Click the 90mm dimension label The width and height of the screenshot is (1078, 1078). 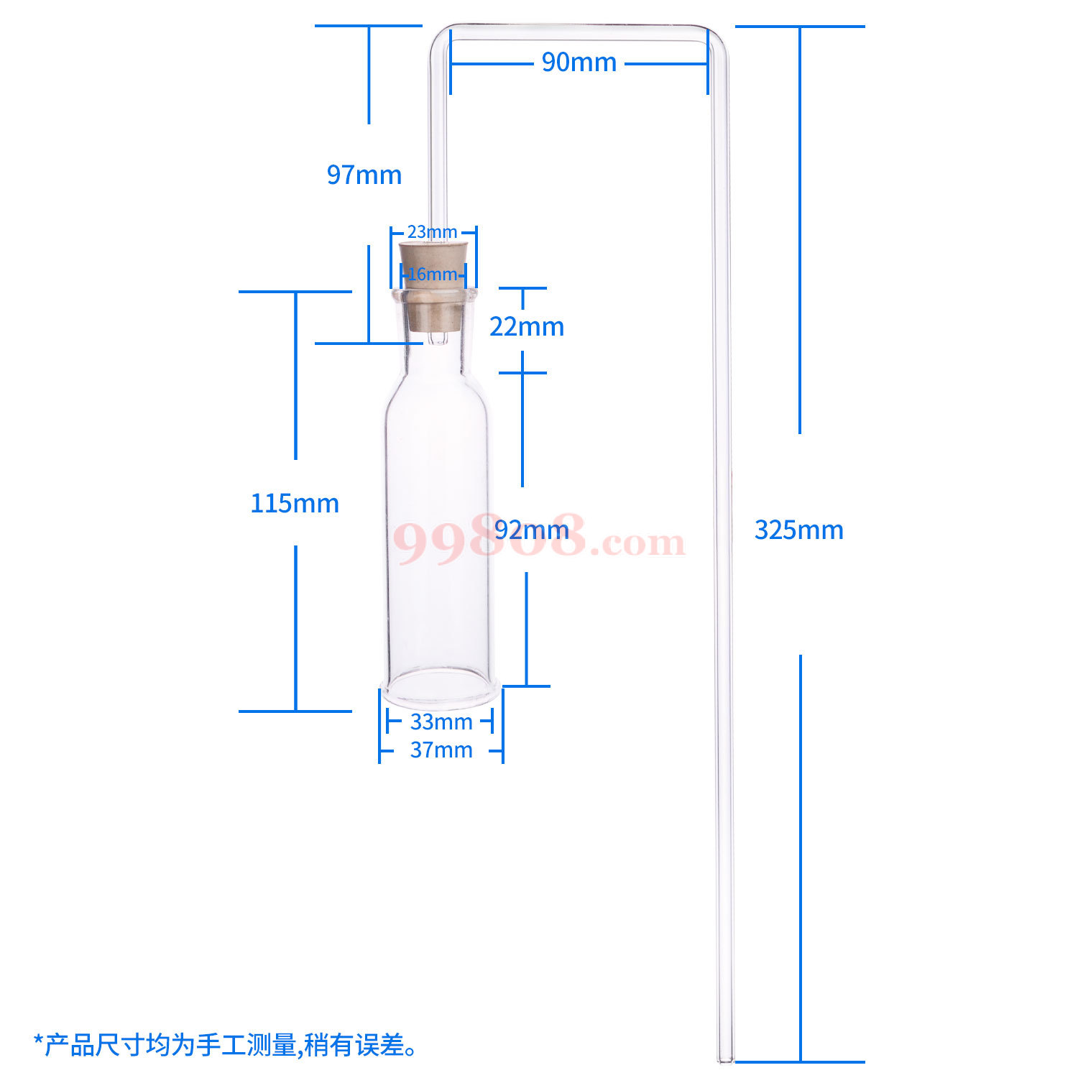579,63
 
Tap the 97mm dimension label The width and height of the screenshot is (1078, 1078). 364,175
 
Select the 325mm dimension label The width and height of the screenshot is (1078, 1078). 798,530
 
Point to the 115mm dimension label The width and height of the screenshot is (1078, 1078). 295,503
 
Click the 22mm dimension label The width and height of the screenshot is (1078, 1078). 527,327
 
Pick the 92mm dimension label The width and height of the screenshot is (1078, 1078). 532,530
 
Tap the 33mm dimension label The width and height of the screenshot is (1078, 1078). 441,722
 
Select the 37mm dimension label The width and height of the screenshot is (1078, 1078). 441,750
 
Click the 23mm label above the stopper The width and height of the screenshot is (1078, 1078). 432,232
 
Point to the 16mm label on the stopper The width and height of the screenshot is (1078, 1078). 432,275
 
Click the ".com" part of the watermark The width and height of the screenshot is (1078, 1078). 637,543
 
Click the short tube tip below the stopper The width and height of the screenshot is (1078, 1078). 436,338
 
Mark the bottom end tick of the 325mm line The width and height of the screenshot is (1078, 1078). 800,1061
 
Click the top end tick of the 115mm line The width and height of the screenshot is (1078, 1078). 295,292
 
